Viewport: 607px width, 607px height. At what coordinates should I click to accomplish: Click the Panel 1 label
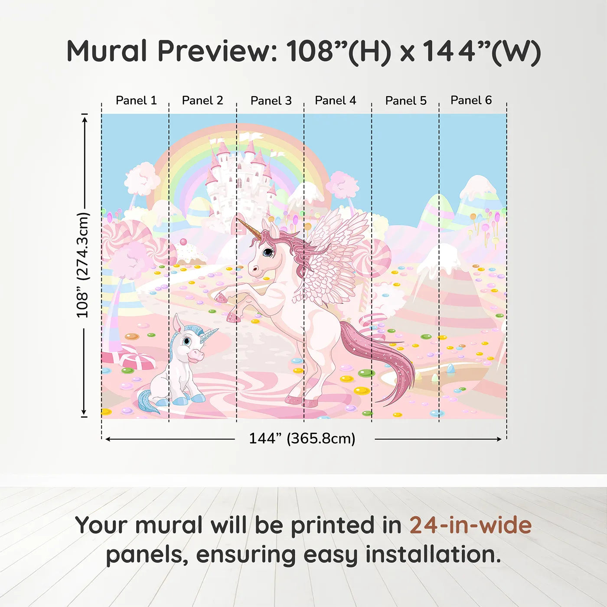(x=136, y=101)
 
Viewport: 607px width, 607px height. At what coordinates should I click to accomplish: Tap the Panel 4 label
(x=336, y=101)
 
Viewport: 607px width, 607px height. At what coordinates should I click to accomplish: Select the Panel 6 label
(x=471, y=100)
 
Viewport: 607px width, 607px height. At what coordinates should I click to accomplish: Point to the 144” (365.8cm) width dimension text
(x=302, y=438)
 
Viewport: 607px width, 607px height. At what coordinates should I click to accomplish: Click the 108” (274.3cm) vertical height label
(x=83, y=265)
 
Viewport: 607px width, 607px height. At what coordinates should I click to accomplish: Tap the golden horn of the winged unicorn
(x=248, y=228)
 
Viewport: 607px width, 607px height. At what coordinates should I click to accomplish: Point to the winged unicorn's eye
(x=268, y=251)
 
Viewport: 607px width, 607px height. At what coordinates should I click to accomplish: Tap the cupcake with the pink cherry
(x=189, y=252)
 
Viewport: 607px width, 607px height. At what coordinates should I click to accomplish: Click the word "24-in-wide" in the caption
(x=470, y=525)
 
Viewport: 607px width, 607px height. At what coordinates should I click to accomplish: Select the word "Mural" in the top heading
(x=107, y=51)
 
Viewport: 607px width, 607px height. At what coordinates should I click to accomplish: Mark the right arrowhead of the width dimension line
(x=499, y=439)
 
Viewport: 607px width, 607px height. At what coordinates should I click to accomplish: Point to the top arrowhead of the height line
(x=85, y=119)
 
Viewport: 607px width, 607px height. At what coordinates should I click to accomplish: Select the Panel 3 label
(x=271, y=101)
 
